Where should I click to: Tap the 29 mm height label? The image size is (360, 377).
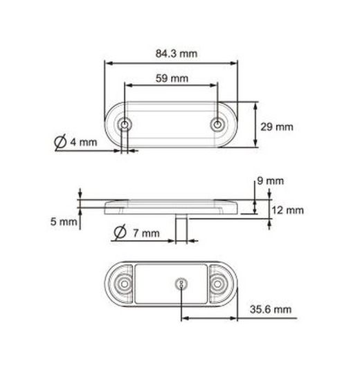[277, 127]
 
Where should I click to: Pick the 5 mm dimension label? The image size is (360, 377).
[63, 222]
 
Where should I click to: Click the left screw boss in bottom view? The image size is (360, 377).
[124, 284]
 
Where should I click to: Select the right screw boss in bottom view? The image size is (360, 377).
[221, 284]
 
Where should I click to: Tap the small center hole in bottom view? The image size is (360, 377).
[181, 284]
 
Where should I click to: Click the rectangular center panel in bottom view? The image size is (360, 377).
[156, 284]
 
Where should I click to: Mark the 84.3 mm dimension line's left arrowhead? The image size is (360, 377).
[107, 62]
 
